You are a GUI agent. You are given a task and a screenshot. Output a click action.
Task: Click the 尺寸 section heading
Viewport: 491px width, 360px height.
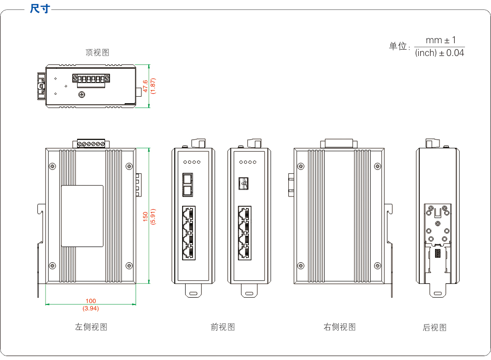pyautogui.click(x=40, y=8)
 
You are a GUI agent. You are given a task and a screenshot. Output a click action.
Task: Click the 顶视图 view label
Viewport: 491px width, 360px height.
pyautogui.click(x=97, y=53)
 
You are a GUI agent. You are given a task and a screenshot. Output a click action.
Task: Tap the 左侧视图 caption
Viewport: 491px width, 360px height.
pyautogui.click(x=91, y=327)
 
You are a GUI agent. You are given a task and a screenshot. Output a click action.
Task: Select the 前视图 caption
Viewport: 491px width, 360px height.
pyautogui.click(x=223, y=327)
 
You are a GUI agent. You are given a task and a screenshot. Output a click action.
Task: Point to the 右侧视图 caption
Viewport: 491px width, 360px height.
pyautogui.click(x=339, y=327)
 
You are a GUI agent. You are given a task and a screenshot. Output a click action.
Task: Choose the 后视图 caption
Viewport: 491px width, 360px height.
pyautogui.click(x=435, y=328)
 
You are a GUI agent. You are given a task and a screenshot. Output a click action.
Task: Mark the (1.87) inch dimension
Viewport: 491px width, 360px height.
pyautogui.click(x=153, y=85)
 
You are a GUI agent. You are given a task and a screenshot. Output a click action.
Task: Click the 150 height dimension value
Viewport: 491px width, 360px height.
pyautogui.click(x=145, y=217)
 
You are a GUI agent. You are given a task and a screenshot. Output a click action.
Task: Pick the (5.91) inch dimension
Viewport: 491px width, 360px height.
pyautogui.click(x=153, y=217)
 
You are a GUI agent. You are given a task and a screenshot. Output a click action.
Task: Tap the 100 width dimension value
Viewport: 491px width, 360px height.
pyautogui.click(x=91, y=301)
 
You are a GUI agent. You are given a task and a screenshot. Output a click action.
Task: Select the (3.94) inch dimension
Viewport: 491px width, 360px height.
pyautogui.click(x=91, y=308)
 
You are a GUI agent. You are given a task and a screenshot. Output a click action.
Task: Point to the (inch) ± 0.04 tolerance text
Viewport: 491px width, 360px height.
pyautogui.click(x=439, y=53)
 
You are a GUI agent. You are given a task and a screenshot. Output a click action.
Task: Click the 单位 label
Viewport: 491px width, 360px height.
pyautogui.click(x=399, y=47)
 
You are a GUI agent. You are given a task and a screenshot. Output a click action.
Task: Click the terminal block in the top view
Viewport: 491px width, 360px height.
pyautogui.click(x=91, y=80)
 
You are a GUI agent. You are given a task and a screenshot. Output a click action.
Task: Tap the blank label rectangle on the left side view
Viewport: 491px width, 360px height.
pyautogui.click(x=82, y=216)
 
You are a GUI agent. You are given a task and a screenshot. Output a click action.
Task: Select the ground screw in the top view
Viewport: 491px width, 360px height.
pyautogui.click(x=82, y=94)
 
